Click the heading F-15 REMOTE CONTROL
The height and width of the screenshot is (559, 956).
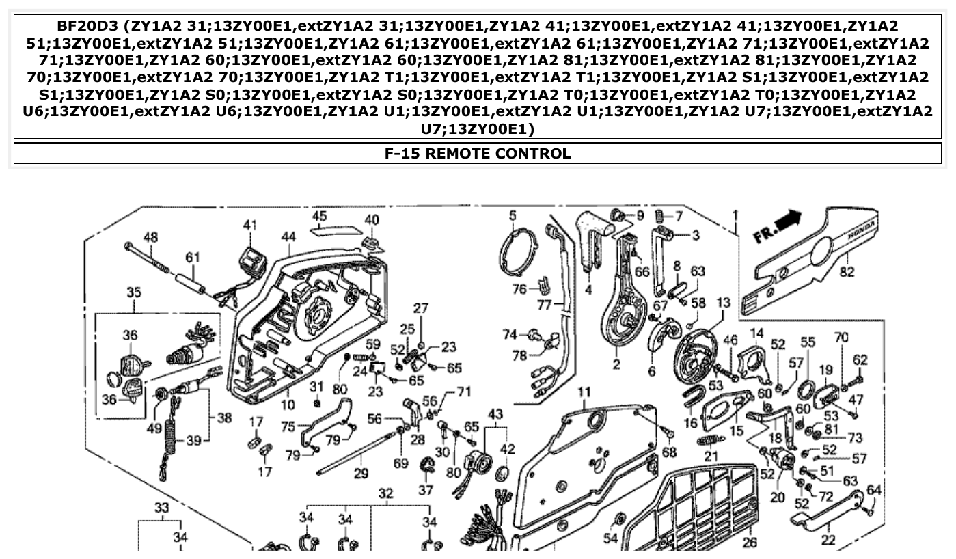tap(478, 153)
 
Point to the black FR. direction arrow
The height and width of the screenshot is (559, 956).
tap(790, 220)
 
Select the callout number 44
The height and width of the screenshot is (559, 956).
tap(288, 236)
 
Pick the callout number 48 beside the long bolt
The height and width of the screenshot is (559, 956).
tap(150, 237)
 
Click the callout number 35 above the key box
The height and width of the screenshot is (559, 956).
tap(134, 293)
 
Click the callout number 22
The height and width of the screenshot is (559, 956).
tap(828, 540)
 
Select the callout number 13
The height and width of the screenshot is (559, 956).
tap(724, 302)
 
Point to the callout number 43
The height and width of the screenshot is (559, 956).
tap(495, 414)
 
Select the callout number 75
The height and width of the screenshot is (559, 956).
tap(288, 425)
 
